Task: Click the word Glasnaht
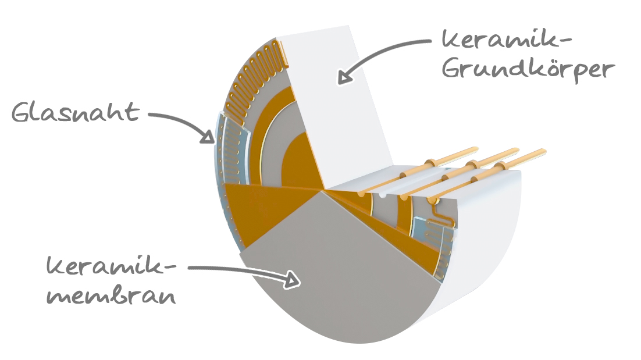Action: pyautogui.click(x=75, y=112)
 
